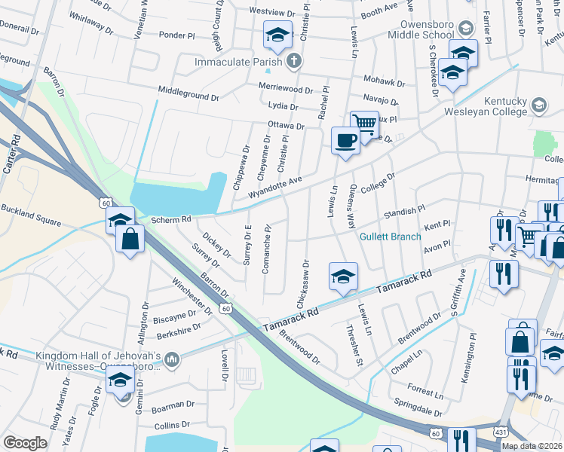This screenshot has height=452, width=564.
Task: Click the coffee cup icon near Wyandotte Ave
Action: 346,140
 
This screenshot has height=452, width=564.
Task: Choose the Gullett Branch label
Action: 390,236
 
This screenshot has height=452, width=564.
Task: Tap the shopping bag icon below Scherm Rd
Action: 131,239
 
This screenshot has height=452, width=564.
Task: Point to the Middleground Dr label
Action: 188,93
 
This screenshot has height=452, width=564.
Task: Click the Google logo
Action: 25,443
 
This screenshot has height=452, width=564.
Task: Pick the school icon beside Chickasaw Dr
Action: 343,276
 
